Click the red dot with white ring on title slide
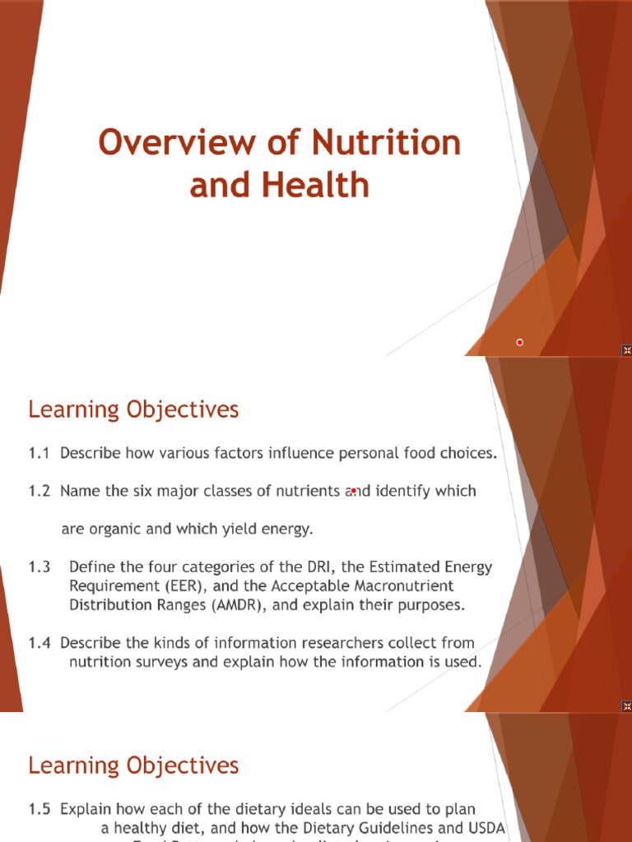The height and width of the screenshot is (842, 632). click(520, 342)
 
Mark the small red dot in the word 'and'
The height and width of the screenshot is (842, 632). click(353, 491)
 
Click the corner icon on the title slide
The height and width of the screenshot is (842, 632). click(625, 349)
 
